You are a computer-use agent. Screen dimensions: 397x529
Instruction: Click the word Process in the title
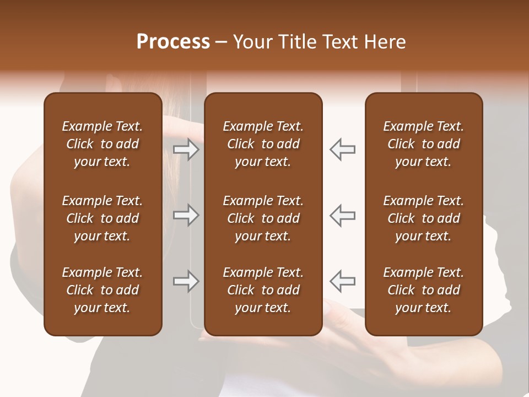pos(173,42)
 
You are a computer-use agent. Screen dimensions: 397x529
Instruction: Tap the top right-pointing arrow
pos(186,149)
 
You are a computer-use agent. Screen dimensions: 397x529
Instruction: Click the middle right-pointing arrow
pos(186,215)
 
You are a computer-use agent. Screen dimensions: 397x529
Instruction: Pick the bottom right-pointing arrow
pos(186,281)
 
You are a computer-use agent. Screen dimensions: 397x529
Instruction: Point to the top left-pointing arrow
pos(343,149)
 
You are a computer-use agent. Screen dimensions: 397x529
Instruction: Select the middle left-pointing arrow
pos(343,215)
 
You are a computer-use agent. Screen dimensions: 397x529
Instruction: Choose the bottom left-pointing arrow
pos(343,281)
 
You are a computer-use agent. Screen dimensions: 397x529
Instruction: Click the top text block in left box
pos(102,144)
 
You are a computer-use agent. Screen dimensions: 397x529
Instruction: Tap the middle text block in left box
pos(102,218)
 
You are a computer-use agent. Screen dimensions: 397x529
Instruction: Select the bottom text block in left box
pos(102,290)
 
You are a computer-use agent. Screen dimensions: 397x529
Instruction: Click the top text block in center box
pos(263,144)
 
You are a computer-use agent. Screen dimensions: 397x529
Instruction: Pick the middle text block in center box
pos(263,218)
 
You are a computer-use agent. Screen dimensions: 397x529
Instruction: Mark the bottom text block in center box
pos(263,290)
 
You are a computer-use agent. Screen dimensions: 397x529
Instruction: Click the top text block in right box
pos(423,144)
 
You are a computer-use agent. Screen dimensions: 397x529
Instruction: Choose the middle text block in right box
pos(423,218)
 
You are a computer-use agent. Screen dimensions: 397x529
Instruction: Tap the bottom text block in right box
pos(423,290)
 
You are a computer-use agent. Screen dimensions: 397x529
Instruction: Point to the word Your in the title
pos(252,42)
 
